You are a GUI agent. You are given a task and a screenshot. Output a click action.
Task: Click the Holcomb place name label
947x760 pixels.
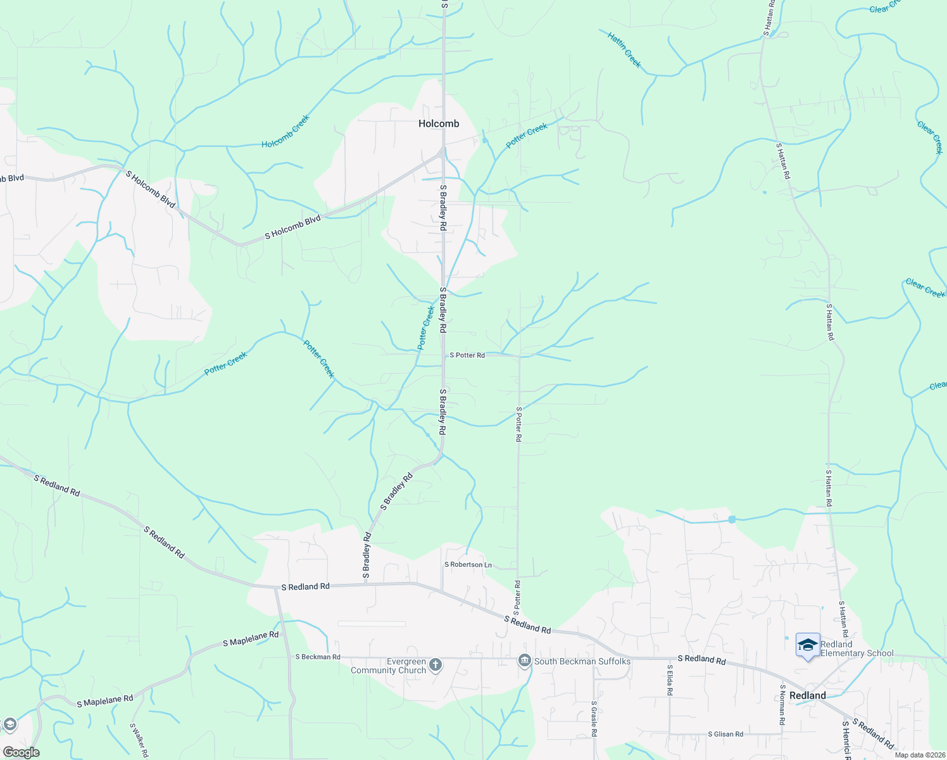(x=439, y=123)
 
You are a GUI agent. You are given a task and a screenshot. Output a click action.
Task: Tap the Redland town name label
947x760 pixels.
(x=808, y=695)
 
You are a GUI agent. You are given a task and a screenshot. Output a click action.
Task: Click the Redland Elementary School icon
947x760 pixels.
(x=808, y=645)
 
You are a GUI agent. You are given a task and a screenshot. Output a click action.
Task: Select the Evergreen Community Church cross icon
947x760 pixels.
(x=435, y=665)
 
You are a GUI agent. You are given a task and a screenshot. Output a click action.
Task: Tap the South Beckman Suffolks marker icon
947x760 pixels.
(x=524, y=661)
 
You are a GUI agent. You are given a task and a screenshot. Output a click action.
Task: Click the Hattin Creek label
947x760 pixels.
(x=624, y=50)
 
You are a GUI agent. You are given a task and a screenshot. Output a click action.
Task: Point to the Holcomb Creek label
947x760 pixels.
(x=286, y=132)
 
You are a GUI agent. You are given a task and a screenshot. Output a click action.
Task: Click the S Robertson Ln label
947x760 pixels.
(x=468, y=564)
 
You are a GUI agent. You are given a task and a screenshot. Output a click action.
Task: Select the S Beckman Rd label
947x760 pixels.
(x=318, y=657)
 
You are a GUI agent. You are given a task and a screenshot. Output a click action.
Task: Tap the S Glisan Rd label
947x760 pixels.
(x=725, y=734)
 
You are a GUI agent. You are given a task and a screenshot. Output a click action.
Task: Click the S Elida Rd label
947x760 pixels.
(x=669, y=680)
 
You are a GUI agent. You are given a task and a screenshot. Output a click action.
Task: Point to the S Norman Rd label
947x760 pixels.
(x=782, y=704)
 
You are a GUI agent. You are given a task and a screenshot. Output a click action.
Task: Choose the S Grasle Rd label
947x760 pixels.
(x=594, y=718)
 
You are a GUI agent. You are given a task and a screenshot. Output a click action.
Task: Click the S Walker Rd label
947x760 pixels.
(x=139, y=740)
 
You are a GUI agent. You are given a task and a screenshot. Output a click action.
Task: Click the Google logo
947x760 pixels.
(x=21, y=752)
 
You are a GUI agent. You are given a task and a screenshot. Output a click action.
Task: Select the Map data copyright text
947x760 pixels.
(x=919, y=755)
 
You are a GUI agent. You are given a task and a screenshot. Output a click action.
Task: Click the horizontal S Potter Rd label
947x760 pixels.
(x=467, y=355)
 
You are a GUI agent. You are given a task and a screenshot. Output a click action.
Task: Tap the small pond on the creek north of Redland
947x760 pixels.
(x=732, y=519)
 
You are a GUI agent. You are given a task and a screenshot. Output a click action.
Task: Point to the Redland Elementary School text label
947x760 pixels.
(x=857, y=649)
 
